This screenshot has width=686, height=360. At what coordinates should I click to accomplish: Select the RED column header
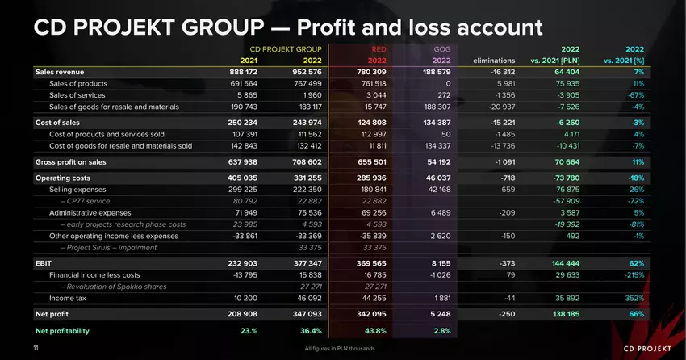378,49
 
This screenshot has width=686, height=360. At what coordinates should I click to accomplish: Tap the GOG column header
441,49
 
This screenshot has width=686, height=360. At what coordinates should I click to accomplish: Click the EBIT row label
44,263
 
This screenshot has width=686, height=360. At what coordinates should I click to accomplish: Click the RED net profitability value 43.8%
374,331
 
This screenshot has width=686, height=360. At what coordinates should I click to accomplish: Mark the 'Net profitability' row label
62,331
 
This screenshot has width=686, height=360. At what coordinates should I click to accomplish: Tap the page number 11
36,348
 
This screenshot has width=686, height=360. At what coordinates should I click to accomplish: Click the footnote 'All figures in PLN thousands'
340,348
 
